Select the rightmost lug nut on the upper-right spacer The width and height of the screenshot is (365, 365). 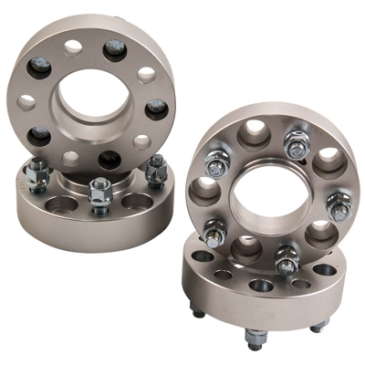pos(339,209)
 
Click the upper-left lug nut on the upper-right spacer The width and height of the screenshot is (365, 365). pos(215,165)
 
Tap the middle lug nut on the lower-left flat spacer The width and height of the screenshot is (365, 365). pos(99,193)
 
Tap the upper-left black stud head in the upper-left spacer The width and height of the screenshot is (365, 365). pos(40,67)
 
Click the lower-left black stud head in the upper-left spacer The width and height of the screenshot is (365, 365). pos(38,137)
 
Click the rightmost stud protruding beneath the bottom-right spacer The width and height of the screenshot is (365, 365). pos(317,327)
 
